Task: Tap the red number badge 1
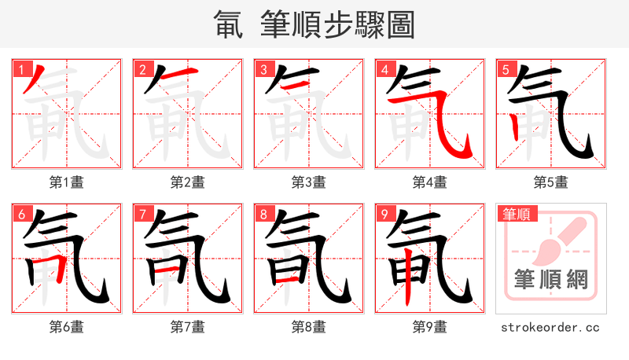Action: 21,69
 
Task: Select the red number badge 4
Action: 384,69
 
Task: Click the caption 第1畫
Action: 67,182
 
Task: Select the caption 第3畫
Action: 309,182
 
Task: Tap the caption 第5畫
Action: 551,182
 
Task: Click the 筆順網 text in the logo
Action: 551,280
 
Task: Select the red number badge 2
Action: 142,69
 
